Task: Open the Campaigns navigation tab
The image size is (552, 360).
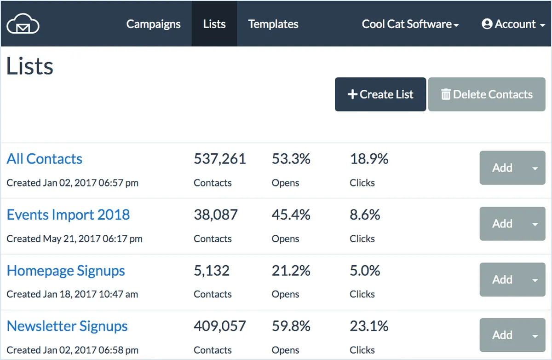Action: (x=154, y=24)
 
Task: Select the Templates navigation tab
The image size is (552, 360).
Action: (x=273, y=24)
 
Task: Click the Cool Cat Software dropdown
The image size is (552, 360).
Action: (x=410, y=24)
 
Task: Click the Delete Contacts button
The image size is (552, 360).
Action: (x=487, y=94)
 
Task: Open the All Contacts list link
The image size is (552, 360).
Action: (x=45, y=159)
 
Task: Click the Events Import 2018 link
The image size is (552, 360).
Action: (x=68, y=215)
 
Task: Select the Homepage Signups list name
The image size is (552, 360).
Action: (x=66, y=271)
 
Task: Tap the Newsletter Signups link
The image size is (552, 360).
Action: (x=67, y=326)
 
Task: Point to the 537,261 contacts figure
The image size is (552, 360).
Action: (x=220, y=159)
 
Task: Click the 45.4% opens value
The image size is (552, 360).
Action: (x=291, y=215)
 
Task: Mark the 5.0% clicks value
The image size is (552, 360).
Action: (x=365, y=271)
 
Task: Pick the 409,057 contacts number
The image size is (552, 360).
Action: (x=220, y=326)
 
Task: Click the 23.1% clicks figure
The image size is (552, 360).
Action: (x=369, y=326)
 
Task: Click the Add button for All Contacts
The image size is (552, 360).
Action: (x=502, y=168)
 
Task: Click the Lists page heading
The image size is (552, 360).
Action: (x=30, y=67)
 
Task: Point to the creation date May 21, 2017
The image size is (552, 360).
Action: (x=75, y=238)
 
